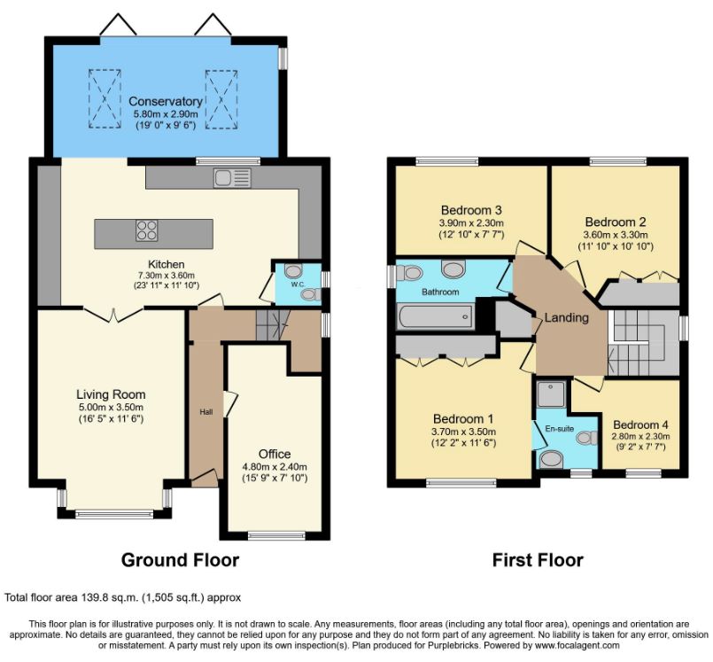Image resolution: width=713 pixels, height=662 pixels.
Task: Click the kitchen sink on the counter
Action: [x=232, y=178]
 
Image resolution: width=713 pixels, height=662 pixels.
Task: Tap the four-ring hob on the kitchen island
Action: [x=146, y=230]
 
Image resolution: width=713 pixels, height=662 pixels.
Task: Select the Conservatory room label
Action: [x=166, y=101]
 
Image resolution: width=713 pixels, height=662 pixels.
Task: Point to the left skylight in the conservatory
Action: [x=105, y=98]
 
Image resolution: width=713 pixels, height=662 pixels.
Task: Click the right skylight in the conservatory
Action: [x=221, y=99]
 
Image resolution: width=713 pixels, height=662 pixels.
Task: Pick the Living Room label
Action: [x=111, y=394]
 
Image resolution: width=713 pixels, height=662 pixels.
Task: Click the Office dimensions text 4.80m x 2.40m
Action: [x=275, y=466]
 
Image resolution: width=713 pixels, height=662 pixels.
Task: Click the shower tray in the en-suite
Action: [x=551, y=393]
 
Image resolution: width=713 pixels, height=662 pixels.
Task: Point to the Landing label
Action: [x=567, y=317]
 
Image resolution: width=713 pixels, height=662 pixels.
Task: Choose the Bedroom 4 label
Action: [x=640, y=425]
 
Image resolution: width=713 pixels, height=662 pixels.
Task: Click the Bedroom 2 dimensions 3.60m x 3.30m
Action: [x=616, y=235]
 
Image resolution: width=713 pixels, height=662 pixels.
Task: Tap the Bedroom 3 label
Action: [x=471, y=210]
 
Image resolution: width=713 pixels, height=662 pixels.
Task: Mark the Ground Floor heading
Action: [x=180, y=559]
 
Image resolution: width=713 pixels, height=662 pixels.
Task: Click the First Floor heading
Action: [x=538, y=559]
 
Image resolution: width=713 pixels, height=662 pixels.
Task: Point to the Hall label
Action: [x=206, y=412]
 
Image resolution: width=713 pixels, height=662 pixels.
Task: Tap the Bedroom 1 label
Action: [x=463, y=418]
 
